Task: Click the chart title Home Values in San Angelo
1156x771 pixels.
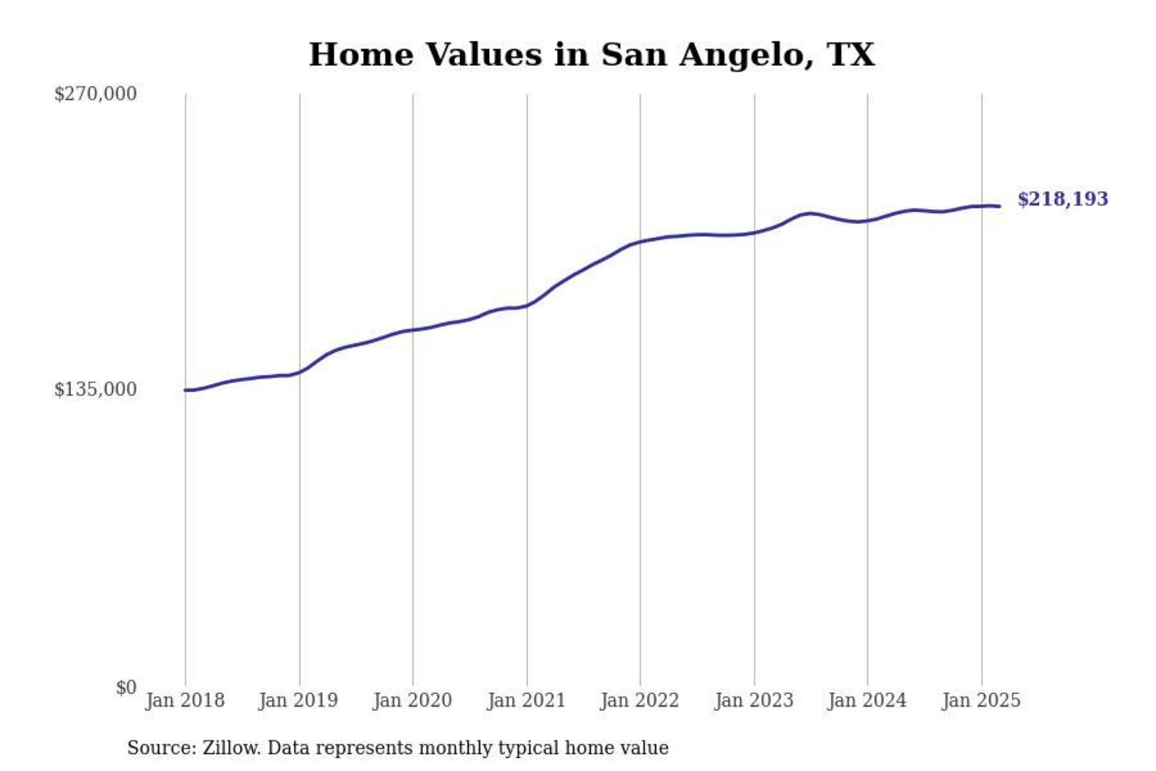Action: [592, 55]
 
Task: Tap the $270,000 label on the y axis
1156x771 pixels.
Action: [95, 94]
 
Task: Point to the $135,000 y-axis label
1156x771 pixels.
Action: [95, 390]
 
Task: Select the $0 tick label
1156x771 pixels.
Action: [125, 687]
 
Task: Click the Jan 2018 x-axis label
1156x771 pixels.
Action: [185, 700]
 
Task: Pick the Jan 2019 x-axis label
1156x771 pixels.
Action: [298, 700]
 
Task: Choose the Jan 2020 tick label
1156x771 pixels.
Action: [412, 700]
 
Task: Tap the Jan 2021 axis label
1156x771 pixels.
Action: [526, 700]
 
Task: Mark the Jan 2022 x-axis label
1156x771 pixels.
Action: [639, 700]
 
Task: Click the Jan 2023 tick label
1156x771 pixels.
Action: [753, 700]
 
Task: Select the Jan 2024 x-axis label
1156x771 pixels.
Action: [866, 700]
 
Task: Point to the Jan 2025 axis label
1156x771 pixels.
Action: [980, 700]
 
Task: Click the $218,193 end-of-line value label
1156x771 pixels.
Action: [1062, 199]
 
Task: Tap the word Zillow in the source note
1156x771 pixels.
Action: [230, 748]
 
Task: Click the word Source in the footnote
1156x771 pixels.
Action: [161, 748]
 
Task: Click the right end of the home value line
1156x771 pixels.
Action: [999, 206]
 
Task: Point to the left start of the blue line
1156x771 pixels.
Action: [185, 390]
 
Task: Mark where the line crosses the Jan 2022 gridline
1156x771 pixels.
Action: [641, 241]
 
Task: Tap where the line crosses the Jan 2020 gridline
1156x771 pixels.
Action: [413, 330]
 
